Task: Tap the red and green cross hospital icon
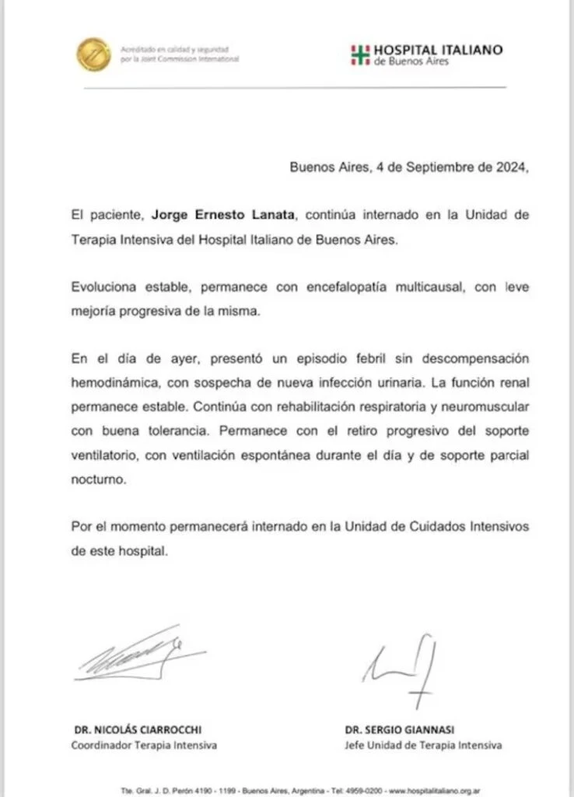tap(360, 54)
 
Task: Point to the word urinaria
tap(381, 379)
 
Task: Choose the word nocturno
tap(97, 480)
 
